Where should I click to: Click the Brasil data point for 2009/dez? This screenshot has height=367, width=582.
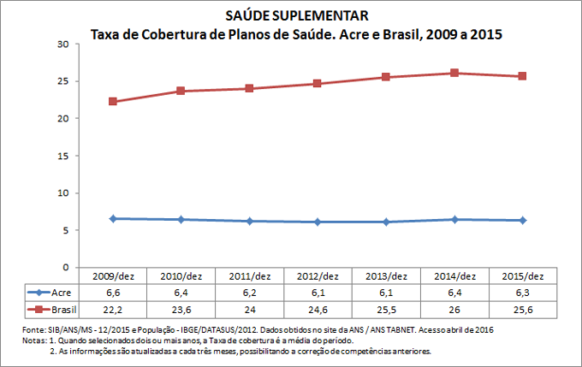(x=113, y=102)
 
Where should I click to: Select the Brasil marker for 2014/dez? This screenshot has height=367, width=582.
(x=454, y=74)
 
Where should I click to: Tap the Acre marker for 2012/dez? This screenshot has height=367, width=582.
(x=318, y=222)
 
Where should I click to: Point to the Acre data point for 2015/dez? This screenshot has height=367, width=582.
(x=523, y=221)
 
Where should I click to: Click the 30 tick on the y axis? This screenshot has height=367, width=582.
(x=63, y=44)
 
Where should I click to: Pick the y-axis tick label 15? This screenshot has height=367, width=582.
(x=63, y=156)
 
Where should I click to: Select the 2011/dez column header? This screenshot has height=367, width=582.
(x=249, y=276)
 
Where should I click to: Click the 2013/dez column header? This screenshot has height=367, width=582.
(x=386, y=276)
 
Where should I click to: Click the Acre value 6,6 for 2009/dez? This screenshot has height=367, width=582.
(x=113, y=293)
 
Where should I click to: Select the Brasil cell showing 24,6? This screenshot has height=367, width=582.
(x=318, y=308)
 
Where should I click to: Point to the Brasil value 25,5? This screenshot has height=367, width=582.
(x=386, y=308)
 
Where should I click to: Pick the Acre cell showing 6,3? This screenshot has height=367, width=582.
(x=523, y=293)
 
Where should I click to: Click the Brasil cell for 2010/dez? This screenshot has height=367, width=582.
(x=181, y=308)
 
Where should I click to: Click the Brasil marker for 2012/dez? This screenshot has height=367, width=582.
(x=318, y=84)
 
